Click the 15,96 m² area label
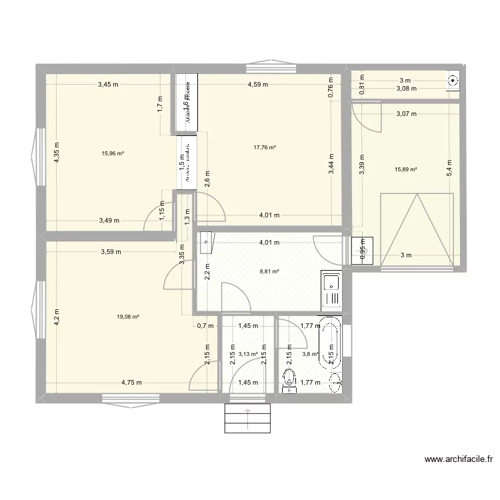113,153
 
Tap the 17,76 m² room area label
265,148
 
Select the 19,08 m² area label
127,317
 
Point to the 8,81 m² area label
269,271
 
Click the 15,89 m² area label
405,169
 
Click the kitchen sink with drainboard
330,291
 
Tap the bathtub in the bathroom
331,345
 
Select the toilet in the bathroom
289,381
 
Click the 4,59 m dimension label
257,85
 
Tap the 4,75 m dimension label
132,383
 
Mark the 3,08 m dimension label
406,88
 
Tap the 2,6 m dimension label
207,179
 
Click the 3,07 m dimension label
406,114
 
